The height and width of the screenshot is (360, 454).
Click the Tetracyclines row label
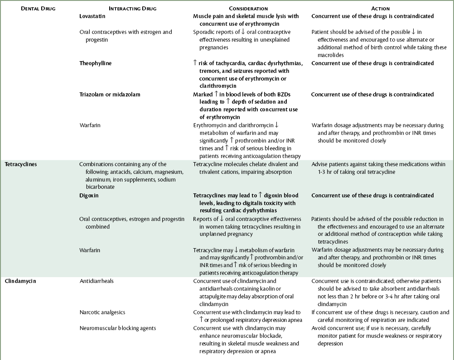pos(21,164)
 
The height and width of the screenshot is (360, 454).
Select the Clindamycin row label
pos(20,281)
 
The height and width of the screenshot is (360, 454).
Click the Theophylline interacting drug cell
pos(95,63)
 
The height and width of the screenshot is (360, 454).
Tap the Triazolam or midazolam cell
pos(110,94)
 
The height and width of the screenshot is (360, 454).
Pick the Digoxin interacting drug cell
pos(89,195)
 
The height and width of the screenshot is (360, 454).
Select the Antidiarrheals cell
pos(96,281)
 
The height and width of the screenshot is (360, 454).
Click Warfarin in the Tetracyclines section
pos(90,250)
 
